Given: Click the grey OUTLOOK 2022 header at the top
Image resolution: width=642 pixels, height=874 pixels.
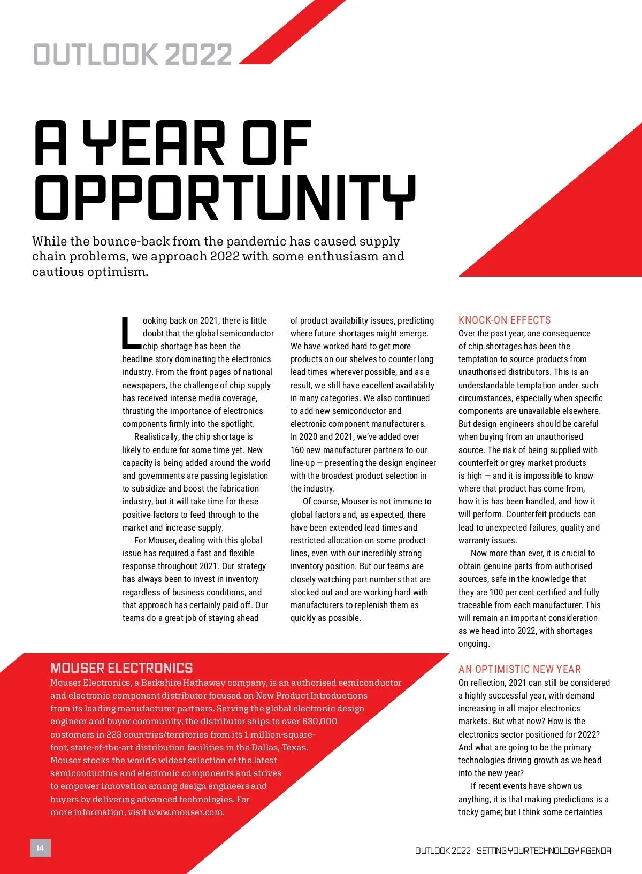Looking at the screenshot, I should (133, 55).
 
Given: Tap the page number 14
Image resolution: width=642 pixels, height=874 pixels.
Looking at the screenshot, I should (40, 848).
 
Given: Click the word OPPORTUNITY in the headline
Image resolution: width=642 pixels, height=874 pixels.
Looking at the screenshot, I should (225, 197).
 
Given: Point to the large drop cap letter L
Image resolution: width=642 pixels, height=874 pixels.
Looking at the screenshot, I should (131, 333).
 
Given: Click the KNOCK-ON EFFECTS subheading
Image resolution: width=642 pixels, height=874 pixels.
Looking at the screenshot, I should (505, 320).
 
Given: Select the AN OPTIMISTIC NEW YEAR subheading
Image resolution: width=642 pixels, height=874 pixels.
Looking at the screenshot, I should (519, 669).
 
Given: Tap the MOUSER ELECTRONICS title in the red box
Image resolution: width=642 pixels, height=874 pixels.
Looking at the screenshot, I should (121, 668).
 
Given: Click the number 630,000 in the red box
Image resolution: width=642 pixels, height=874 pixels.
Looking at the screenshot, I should (319, 721).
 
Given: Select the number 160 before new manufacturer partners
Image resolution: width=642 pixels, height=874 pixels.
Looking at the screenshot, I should (299, 450).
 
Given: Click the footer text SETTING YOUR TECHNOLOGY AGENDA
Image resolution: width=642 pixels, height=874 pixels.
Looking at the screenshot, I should (544, 850).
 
